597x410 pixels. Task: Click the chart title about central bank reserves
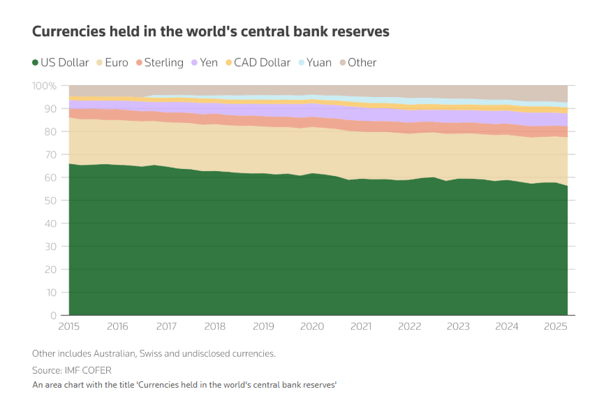click(210, 31)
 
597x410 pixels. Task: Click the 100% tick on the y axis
click(45, 85)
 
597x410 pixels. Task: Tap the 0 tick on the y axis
click(53, 316)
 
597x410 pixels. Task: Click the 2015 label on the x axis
click(69, 326)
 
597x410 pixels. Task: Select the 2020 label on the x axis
click(311, 326)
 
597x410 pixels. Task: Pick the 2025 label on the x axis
click(554, 326)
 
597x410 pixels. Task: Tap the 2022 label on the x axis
click(408, 326)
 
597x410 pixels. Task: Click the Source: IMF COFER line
click(71, 369)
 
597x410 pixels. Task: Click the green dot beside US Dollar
click(35, 62)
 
